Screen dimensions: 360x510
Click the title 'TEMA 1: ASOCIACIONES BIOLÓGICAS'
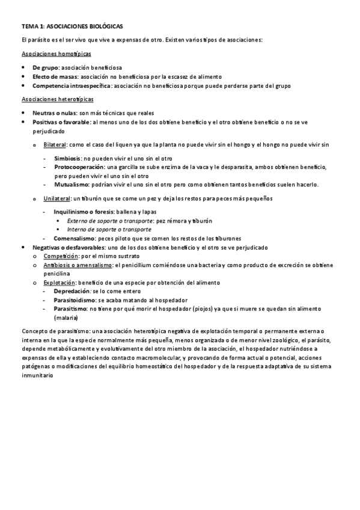[x=72, y=26]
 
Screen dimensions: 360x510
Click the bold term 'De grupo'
[x=45, y=67]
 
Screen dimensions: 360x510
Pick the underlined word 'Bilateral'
[x=55, y=144]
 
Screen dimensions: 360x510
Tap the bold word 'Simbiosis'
[x=68, y=158]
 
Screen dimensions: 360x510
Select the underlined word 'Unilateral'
[x=57, y=198]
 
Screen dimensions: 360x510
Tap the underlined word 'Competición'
[x=59, y=256]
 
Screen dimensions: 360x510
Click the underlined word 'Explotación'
[x=59, y=282]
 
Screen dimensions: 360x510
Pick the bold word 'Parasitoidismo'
[x=76, y=300]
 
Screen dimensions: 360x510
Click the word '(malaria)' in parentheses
[x=66, y=317]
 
